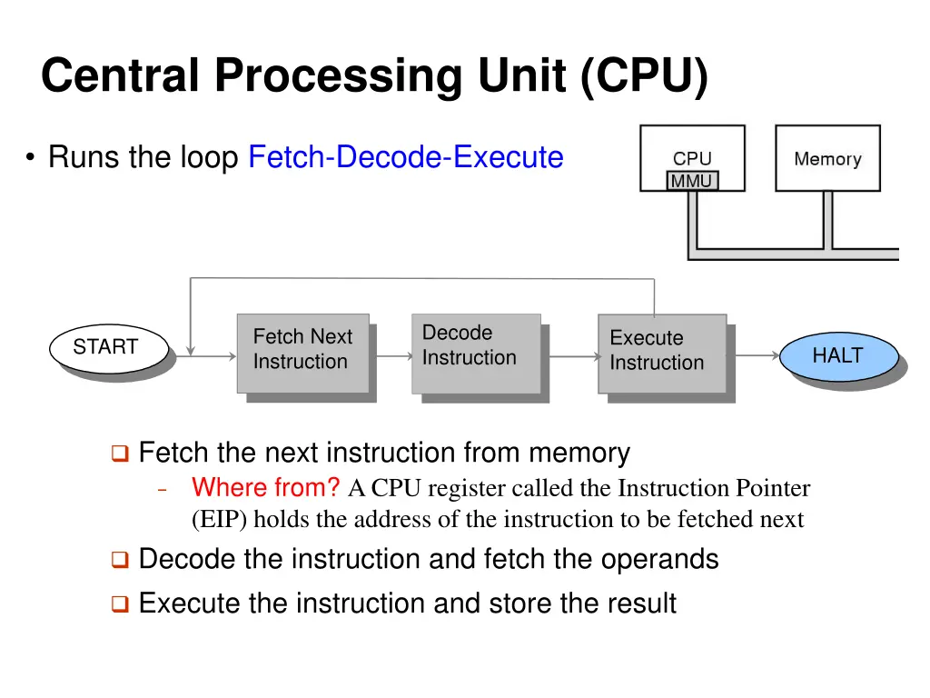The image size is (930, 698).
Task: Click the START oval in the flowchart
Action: pyautogui.click(x=106, y=348)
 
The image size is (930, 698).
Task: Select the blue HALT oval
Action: pyautogui.click(x=837, y=356)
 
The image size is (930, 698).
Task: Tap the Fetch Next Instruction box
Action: pyautogui.click(x=302, y=353)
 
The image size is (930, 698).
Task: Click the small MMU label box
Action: pyautogui.click(x=692, y=182)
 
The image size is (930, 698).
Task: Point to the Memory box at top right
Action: pyautogui.click(x=827, y=159)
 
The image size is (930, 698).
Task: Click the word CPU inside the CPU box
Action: pyautogui.click(x=692, y=159)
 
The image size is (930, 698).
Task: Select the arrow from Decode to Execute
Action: pyautogui.click(x=570, y=356)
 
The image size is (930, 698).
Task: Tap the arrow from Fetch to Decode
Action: pyautogui.click(x=391, y=356)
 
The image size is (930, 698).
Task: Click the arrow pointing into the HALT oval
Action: pyautogui.click(x=756, y=355)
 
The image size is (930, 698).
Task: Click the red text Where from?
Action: pyautogui.click(x=265, y=488)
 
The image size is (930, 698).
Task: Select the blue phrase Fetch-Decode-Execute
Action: pyautogui.click(x=406, y=157)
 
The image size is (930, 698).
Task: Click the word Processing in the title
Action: pyautogui.click(x=338, y=75)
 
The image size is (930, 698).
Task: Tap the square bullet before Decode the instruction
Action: pyautogui.click(x=120, y=561)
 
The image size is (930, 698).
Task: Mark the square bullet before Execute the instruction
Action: pyautogui.click(x=120, y=604)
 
